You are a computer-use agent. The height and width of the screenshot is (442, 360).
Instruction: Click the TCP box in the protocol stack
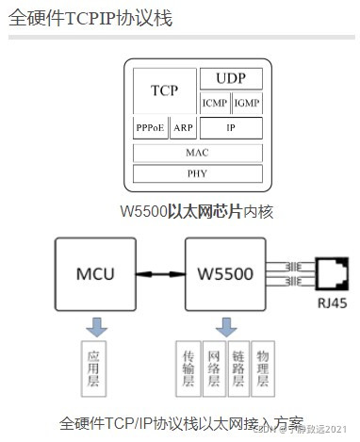coord(164,90)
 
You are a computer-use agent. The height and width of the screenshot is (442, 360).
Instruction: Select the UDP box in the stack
coord(231,78)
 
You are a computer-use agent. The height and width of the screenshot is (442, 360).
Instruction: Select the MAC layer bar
coord(197,151)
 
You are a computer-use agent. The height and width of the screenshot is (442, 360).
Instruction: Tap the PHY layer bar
coord(197,172)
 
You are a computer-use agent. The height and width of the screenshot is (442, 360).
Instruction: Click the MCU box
coord(95,274)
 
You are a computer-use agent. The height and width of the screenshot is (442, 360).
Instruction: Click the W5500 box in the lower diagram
coord(226,274)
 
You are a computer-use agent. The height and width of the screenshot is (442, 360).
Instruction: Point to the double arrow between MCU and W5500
coord(160,274)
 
